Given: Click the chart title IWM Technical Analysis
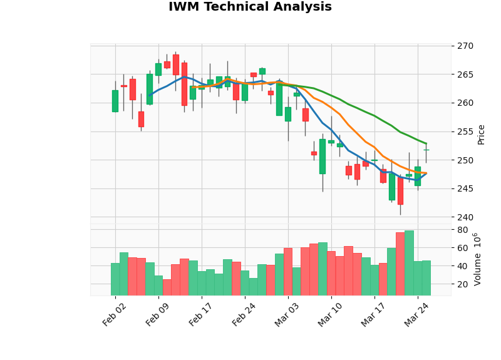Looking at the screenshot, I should click(250, 8).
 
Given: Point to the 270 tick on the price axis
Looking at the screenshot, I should click(465, 46).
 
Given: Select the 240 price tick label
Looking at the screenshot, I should click(465, 217).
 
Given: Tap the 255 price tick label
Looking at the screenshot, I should click(465, 131).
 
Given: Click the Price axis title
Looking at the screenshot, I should click(481, 134).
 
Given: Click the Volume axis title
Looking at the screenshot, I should click(478, 259).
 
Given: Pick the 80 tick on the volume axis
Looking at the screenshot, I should click(462, 230).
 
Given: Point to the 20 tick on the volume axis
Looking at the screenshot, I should click(462, 284).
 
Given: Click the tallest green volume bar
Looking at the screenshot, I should click(409, 263).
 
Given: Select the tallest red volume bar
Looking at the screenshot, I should click(400, 264).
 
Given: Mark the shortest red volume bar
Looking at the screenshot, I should click(167, 287).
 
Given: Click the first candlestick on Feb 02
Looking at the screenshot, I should click(115, 101).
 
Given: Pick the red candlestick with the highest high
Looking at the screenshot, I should click(176, 64).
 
